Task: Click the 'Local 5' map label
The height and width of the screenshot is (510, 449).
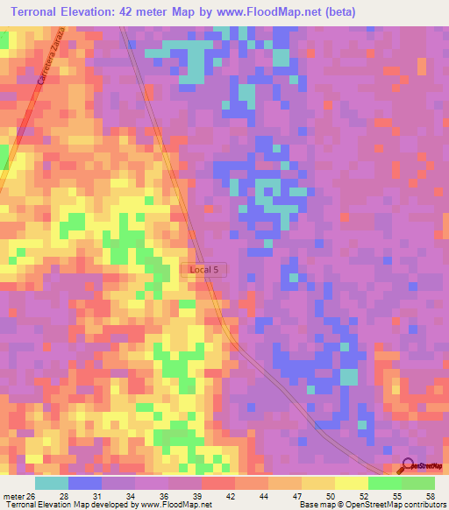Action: point(204,270)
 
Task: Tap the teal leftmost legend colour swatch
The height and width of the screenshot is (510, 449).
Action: point(52,483)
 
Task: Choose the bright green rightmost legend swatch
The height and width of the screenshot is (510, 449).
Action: point(418,483)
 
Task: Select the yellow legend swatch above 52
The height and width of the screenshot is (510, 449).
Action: point(352,483)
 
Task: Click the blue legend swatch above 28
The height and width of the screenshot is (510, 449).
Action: point(85,483)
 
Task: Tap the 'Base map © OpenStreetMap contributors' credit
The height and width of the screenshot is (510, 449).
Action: point(371,505)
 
